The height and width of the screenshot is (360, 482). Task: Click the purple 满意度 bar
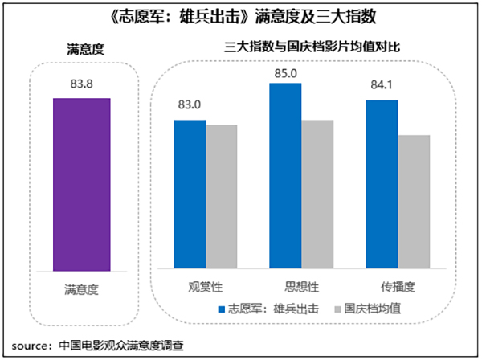(81, 184)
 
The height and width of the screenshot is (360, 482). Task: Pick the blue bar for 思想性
(285, 175)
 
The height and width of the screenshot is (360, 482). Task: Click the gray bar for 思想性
(317, 194)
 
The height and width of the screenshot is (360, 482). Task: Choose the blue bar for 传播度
(381, 184)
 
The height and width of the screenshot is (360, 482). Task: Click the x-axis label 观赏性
(205, 286)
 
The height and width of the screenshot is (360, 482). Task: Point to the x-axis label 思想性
(301, 286)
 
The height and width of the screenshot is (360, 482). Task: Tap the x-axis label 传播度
(397, 286)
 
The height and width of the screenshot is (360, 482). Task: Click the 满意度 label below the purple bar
(80, 287)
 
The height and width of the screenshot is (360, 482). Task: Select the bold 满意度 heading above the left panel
(81, 50)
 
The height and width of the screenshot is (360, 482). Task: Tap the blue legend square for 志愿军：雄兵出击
(220, 308)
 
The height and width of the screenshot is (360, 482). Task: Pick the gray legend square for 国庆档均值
(338, 308)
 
